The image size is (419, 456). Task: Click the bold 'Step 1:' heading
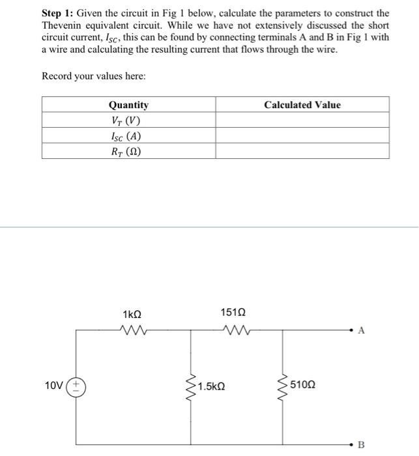tap(58, 13)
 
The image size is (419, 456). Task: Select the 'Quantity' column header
tap(128, 105)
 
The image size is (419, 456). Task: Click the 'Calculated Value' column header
tap(302, 105)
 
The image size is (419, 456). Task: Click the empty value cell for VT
tap(302, 121)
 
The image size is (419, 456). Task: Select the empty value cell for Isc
tap(302, 137)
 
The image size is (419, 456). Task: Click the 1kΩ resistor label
tap(132, 315)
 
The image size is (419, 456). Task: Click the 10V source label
tap(55, 386)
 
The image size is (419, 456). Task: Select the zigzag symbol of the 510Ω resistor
tap(283, 386)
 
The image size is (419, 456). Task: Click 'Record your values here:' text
tap(94, 76)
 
